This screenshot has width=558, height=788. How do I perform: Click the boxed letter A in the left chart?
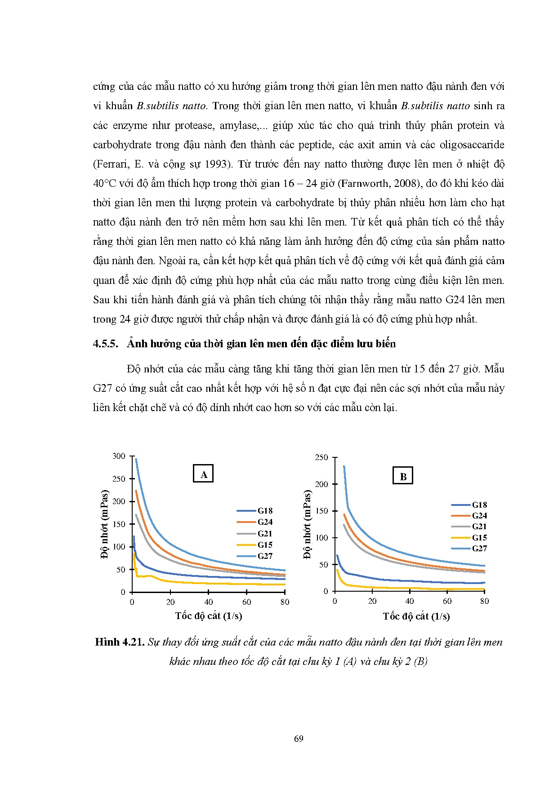click(x=203, y=474)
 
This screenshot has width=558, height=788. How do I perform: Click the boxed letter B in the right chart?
click(x=403, y=476)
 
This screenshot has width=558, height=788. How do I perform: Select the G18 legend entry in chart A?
click(x=265, y=511)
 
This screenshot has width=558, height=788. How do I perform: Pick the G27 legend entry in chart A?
click(x=265, y=556)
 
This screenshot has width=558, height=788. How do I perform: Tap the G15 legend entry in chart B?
click(x=479, y=538)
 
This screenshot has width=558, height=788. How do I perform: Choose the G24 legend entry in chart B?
click(x=479, y=516)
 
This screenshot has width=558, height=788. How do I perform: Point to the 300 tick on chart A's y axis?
click(x=119, y=456)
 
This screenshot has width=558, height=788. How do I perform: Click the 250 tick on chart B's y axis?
click(x=322, y=458)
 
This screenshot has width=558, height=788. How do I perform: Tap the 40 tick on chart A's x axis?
click(x=209, y=602)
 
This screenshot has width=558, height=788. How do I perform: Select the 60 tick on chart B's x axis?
click(x=447, y=602)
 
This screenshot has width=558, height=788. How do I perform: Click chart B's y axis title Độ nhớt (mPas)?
click(x=308, y=524)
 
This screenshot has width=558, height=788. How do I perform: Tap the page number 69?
click(x=299, y=739)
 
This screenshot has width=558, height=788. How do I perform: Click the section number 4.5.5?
click(x=105, y=344)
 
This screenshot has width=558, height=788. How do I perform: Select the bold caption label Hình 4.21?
click(x=120, y=642)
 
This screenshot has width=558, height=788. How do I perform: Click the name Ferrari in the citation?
click(x=112, y=164)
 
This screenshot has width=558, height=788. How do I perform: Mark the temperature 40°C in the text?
click(x=104, y=184)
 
